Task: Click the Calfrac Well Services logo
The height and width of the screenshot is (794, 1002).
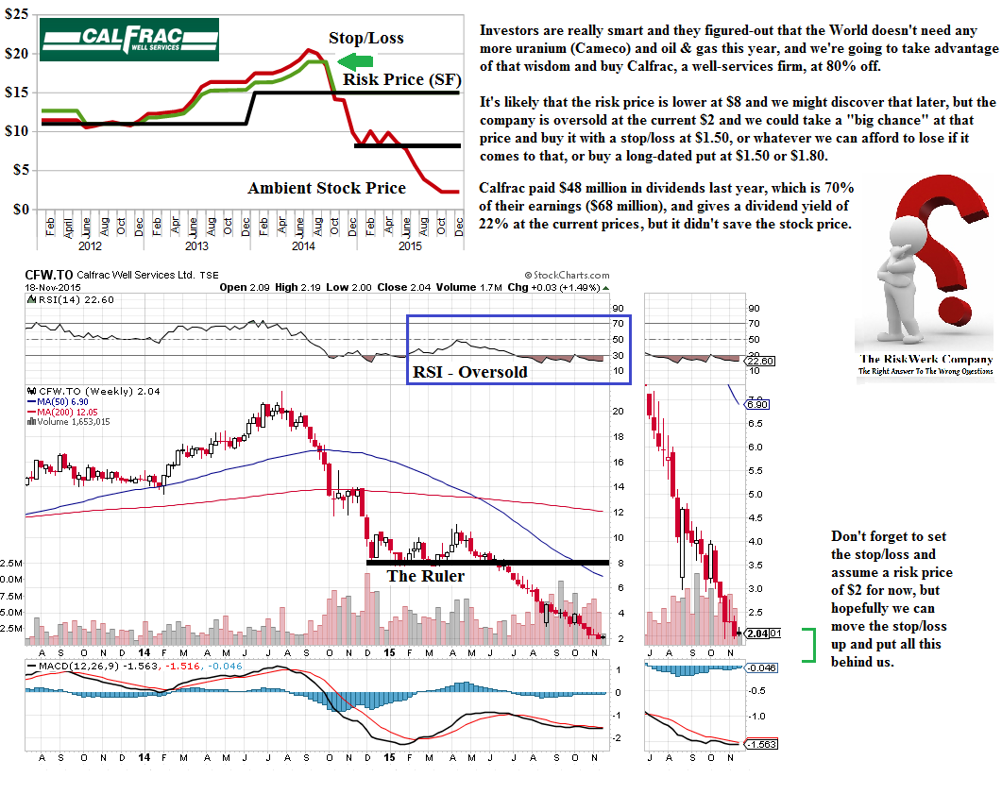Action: click(x=128, y=40)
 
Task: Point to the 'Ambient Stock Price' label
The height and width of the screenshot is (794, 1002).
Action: click(x=327, y=188)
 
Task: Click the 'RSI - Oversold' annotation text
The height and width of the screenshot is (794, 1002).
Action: click(x=469, y=371)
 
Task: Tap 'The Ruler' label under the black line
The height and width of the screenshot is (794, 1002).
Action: click(x=426, y=575)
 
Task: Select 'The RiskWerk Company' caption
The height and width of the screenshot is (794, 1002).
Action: click(x=926, y=359)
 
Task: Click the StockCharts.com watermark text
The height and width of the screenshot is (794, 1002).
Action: click(x=566, y=274)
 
